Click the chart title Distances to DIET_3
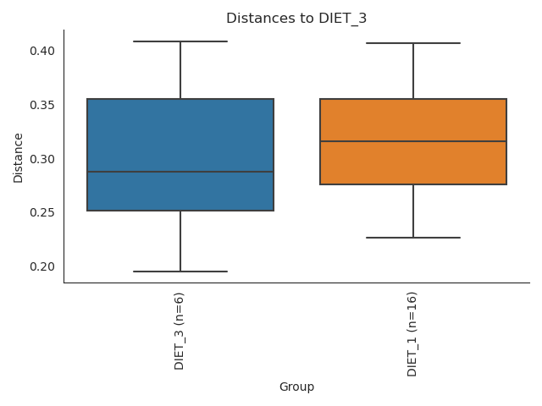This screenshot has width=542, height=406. [296, 19]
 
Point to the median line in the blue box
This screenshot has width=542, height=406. [180, 172]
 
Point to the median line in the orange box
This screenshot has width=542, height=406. [413, 141]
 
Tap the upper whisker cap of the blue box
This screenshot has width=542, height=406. [180, 41]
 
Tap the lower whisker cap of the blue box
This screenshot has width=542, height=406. [180, 272]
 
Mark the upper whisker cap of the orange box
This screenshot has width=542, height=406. [413, 43]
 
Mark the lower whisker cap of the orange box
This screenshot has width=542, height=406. [413, 238]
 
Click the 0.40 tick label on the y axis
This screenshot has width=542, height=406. [41, 51]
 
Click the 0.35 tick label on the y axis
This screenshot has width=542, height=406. [41, 105]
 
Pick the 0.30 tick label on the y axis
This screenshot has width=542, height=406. [41, 159]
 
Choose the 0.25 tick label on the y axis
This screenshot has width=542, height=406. [41, 212]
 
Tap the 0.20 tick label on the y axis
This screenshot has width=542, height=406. [41, 266]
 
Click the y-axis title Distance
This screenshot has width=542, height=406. [19, 156]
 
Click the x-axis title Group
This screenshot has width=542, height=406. [296, 387]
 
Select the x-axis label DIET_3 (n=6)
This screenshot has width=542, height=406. [180, 330]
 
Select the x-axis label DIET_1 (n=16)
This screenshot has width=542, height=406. [412, 333]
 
